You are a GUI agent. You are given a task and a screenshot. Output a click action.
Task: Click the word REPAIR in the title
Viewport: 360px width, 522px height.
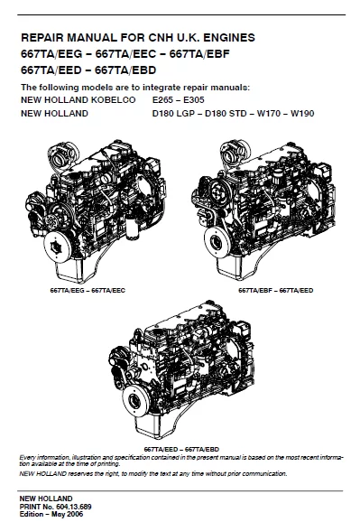tap(42, 38)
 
